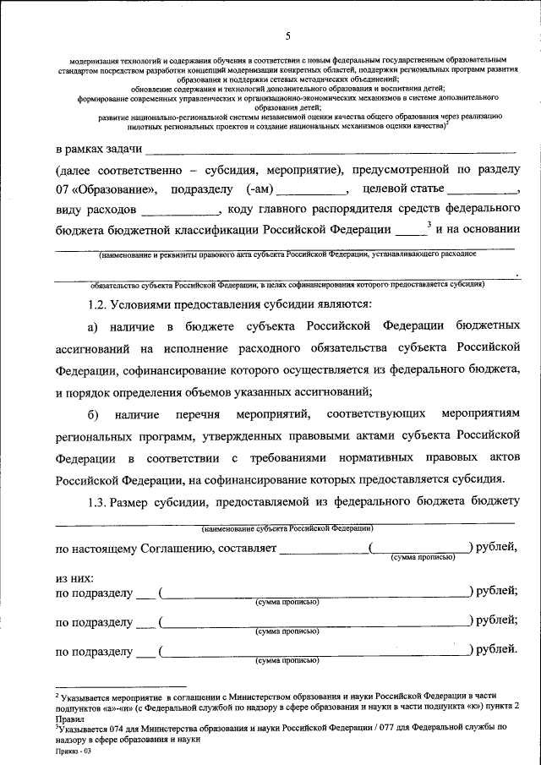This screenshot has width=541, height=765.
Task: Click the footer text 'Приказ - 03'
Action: pyautogui.click(x=74, y=750)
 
